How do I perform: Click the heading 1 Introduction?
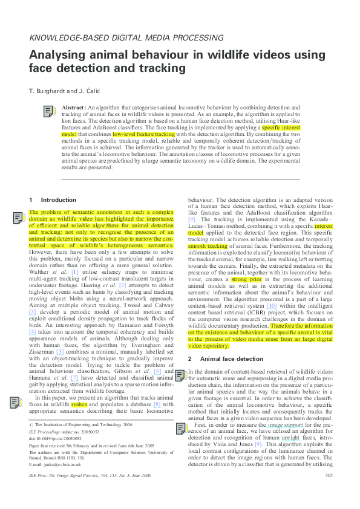click(53, 199)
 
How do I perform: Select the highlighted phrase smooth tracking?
click(208, 247)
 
